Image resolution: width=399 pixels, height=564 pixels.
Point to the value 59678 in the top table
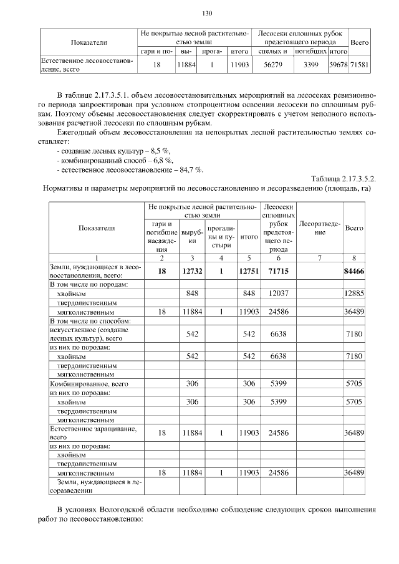[x=339, y=64]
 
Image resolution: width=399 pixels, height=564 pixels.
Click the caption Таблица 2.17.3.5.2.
[x=344, y=179]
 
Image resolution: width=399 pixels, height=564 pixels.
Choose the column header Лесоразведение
[x=320, y=228]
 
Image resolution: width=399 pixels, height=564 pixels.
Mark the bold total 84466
[x=353, y=270]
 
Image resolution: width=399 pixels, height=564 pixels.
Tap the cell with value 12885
[x=353, y=294]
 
